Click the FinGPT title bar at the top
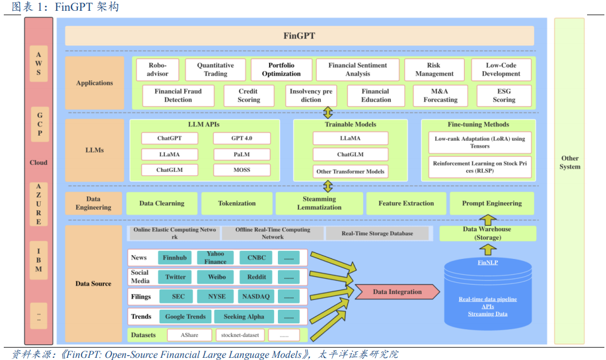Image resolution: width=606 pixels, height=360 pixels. coord(299,36)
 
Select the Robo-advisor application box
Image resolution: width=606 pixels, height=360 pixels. coord(158,70)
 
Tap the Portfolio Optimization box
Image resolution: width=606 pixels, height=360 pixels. coord(281,70)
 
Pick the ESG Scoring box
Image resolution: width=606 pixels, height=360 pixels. coord(504,96)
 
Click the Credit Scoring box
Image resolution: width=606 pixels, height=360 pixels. coord(248,96)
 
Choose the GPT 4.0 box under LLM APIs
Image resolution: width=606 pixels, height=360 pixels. coord(242,138)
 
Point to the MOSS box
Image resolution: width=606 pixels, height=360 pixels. coord(242,170)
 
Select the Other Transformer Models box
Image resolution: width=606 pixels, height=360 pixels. coord(350,171)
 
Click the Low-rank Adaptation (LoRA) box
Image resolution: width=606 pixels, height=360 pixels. coord(480,142)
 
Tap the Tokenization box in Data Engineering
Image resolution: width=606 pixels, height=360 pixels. coord(237,204)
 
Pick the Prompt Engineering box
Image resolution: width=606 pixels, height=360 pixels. coord(492,204)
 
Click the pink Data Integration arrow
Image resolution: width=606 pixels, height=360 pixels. coord(397,292)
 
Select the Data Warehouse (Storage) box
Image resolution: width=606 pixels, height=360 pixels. coord(487,234)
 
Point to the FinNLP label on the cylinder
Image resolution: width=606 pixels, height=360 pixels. coord(488,263)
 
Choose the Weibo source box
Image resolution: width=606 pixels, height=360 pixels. coord(216,277)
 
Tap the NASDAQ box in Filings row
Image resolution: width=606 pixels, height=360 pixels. coord(256,297)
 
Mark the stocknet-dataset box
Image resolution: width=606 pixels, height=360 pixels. coord(240,335)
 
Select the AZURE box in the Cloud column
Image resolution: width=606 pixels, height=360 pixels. coord(38,204)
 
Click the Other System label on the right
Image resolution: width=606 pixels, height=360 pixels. coord(570,163)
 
